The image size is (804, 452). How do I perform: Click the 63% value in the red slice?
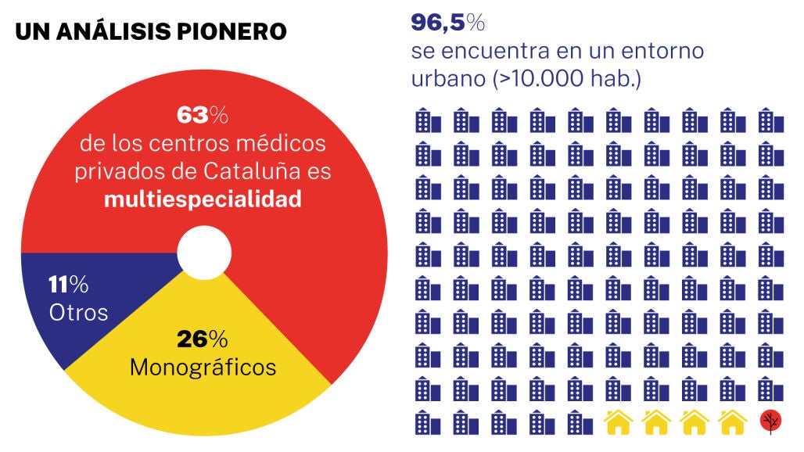[202, 116]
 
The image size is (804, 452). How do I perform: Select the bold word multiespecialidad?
[203, 199]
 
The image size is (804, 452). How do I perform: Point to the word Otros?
[78, 312]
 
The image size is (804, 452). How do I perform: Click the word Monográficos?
[203, 367]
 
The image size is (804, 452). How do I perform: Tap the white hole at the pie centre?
[204, 253]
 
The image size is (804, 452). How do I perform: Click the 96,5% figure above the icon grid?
[448, 23]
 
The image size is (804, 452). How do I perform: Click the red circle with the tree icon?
[770, 422]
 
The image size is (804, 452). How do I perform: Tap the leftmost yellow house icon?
[618, 422]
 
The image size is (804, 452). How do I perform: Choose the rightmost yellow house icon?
[733, 422]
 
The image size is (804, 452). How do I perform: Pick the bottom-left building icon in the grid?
[427, 422]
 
